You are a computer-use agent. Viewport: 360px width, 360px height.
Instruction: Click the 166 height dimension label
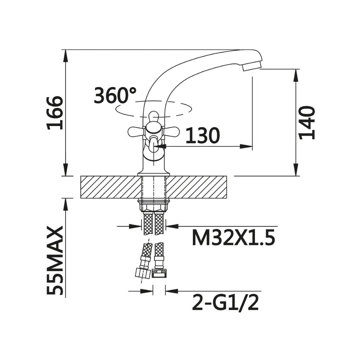tap(54, 113)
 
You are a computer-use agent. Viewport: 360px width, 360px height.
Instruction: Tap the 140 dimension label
tap(307, 123)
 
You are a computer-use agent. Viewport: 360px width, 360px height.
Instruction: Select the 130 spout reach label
tap(202, 135)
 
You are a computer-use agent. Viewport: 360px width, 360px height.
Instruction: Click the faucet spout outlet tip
tap(252, 67)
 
